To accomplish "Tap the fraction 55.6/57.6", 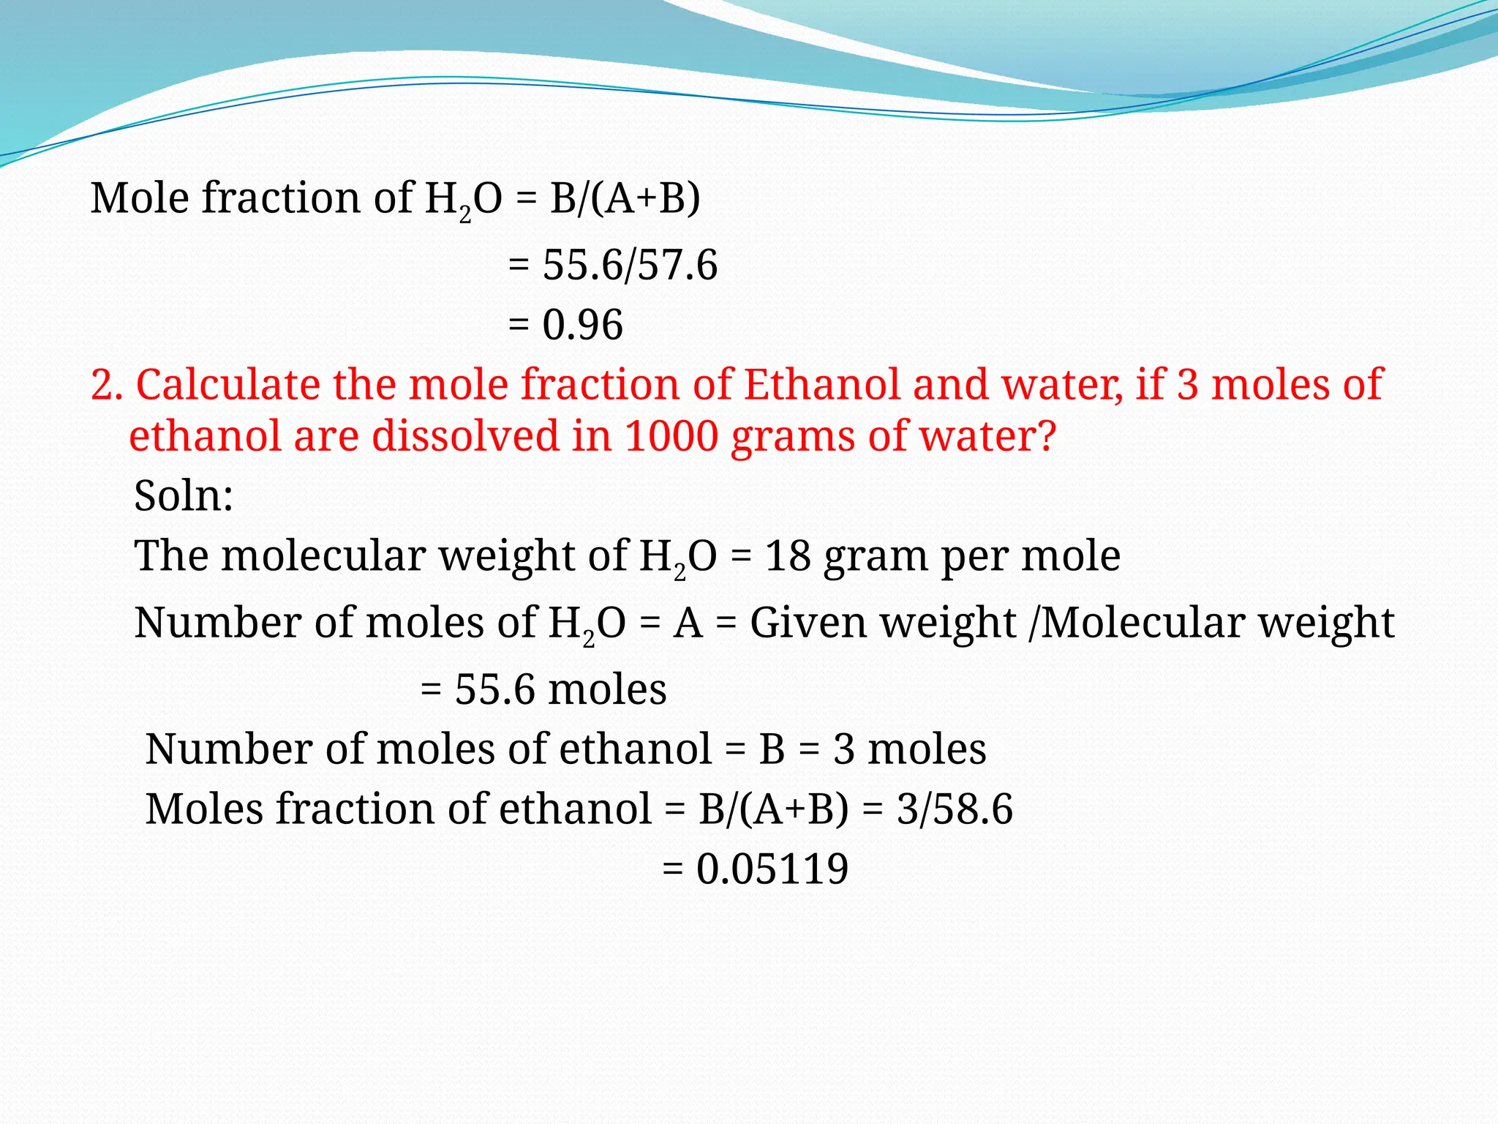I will click(x=630, y=265).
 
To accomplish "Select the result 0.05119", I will click(x=772, y=869).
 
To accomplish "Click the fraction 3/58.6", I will click(x=955, y=809).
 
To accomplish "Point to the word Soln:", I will click(x=184, y=496).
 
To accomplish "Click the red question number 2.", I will click(x=106, y=385).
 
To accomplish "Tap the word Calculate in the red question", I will click(x=227, y=385).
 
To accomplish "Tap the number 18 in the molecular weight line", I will click(x=788, y=556).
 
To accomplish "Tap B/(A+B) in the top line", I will click(x=625, y=198).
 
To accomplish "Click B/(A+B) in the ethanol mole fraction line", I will click(x=774, y=809).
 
